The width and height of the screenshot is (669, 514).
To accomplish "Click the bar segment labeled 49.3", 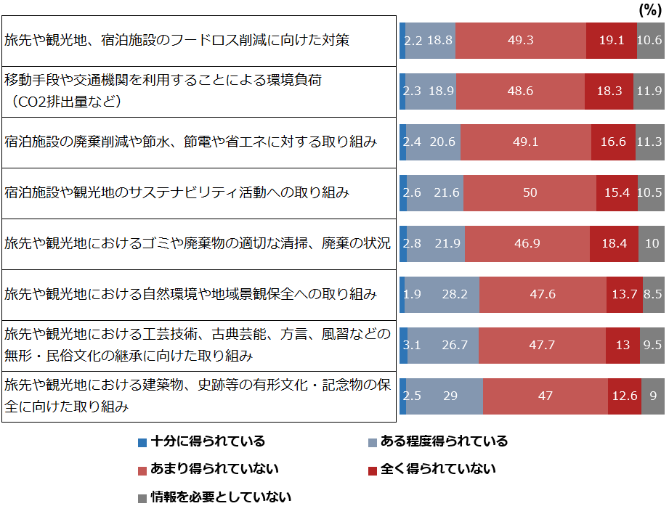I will pos(521,40).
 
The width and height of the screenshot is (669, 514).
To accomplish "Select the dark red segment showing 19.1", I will pos(611,40).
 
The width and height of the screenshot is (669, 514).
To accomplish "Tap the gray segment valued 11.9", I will pos(649,91).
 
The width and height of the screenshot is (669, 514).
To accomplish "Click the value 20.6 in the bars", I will pos(442,142).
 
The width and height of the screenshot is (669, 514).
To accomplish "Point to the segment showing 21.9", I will pos(445,243).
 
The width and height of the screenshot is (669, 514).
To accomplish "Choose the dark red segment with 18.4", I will pos(614,243).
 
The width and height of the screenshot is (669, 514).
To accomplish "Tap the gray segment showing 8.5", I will pos(653,294).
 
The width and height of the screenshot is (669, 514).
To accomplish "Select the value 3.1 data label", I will pos(412,345).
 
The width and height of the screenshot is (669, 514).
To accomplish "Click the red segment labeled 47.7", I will pos(542,345).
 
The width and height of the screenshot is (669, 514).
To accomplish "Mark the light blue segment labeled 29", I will pos(450,396).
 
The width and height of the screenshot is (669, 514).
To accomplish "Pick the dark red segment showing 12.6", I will pos(625,396).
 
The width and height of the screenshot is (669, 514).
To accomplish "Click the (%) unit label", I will pos(648,9).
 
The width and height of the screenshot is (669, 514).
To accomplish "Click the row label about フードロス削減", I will pos(177,40).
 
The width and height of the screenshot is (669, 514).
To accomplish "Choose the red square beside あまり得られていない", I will pos(142,470).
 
